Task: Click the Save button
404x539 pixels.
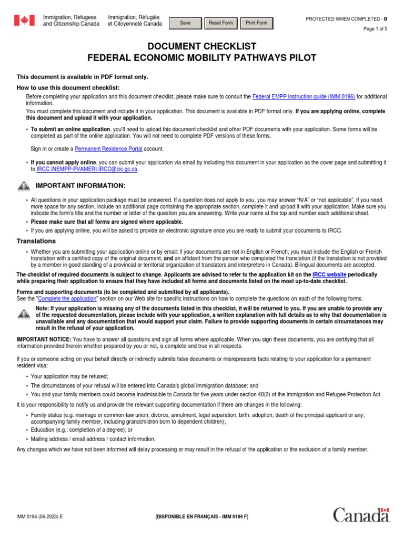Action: (x=185, y=23)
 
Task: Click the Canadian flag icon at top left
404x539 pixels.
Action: (x=24, y=21)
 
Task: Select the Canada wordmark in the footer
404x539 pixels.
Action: (x=361, y=515)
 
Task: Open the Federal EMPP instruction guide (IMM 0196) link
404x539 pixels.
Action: (x=304, y=97)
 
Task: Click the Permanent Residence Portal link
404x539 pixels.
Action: (x=108, y=149)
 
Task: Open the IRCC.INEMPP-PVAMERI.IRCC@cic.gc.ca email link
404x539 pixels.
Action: (x=87, y=169)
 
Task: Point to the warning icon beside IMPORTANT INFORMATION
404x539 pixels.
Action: (x=24, y=186)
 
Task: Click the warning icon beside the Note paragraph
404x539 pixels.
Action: (x=24, y=314)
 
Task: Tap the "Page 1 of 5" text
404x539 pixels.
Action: (x=375, y=29)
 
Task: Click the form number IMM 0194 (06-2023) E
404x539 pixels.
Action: (x=39, y=517)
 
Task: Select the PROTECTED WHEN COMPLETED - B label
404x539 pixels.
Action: (x=346, y=19)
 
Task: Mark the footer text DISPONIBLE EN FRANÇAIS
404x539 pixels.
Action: (x=202, y=517)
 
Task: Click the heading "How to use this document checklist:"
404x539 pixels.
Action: (x=68, y=87)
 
